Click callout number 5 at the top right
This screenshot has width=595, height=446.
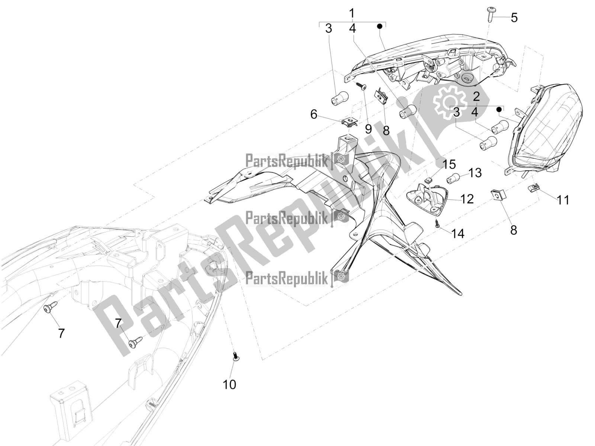point(514,17)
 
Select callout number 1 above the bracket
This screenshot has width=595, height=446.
point(352,13)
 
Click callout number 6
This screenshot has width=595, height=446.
point(313,114)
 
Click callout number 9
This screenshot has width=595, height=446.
point(368,129)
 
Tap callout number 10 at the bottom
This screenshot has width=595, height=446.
point(229,384)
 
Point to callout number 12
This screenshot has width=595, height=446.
point(467,199)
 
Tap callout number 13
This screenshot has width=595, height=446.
point(475,173)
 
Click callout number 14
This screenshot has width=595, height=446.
point(458,233)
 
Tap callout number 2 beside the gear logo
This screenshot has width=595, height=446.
point(476,97)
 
